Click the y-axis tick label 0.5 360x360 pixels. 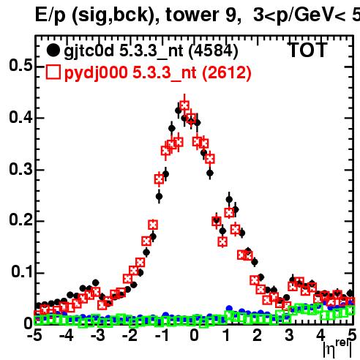tap(20, 66)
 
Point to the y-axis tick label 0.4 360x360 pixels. tap(20, 117)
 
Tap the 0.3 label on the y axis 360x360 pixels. tap(20, 169)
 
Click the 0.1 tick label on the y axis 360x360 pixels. tap(22, 271)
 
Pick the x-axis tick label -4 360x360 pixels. tap(67, 335)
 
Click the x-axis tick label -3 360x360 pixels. tap(98, 335)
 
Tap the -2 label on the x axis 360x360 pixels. tap(130, 335)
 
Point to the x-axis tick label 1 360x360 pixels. tap(227, 335)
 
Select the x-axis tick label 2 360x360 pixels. tap(258, 335)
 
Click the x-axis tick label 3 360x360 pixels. tap(289, 335)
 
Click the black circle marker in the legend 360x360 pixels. tap(53, 50)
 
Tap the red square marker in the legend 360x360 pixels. tap(53, 72)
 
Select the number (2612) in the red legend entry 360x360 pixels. tap(227, 73)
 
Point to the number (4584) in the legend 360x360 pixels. tap(214, 51)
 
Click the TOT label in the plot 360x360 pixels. tap(308, 50)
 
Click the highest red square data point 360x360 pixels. tap(184, 105)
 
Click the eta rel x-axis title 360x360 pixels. tap(337, 348)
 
